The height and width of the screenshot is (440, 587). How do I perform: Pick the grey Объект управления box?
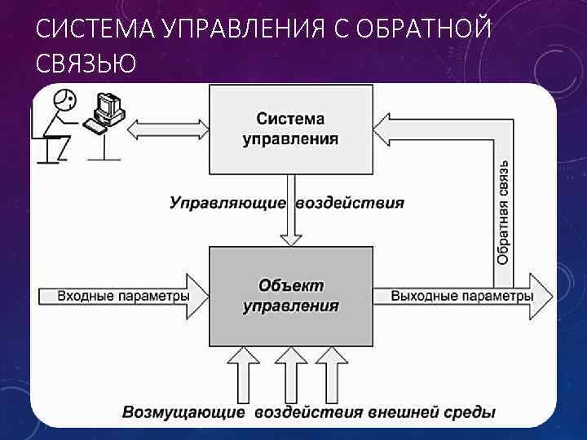(290, 295)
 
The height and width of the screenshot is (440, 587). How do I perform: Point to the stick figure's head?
(64, 100)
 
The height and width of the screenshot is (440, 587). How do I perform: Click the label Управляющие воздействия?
(287, 202)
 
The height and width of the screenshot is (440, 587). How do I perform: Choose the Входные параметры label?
(123, 295)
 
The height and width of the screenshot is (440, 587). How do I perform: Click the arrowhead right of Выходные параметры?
(541, 295)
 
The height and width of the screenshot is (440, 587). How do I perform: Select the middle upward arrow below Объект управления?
(289, 371)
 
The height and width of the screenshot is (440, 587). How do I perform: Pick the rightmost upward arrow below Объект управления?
(331, 371)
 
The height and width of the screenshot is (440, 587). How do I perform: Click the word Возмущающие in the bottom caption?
(183, 412)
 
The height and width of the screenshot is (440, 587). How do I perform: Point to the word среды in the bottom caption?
(471, 412)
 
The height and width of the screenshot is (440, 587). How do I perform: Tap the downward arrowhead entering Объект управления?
(290, 236)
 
